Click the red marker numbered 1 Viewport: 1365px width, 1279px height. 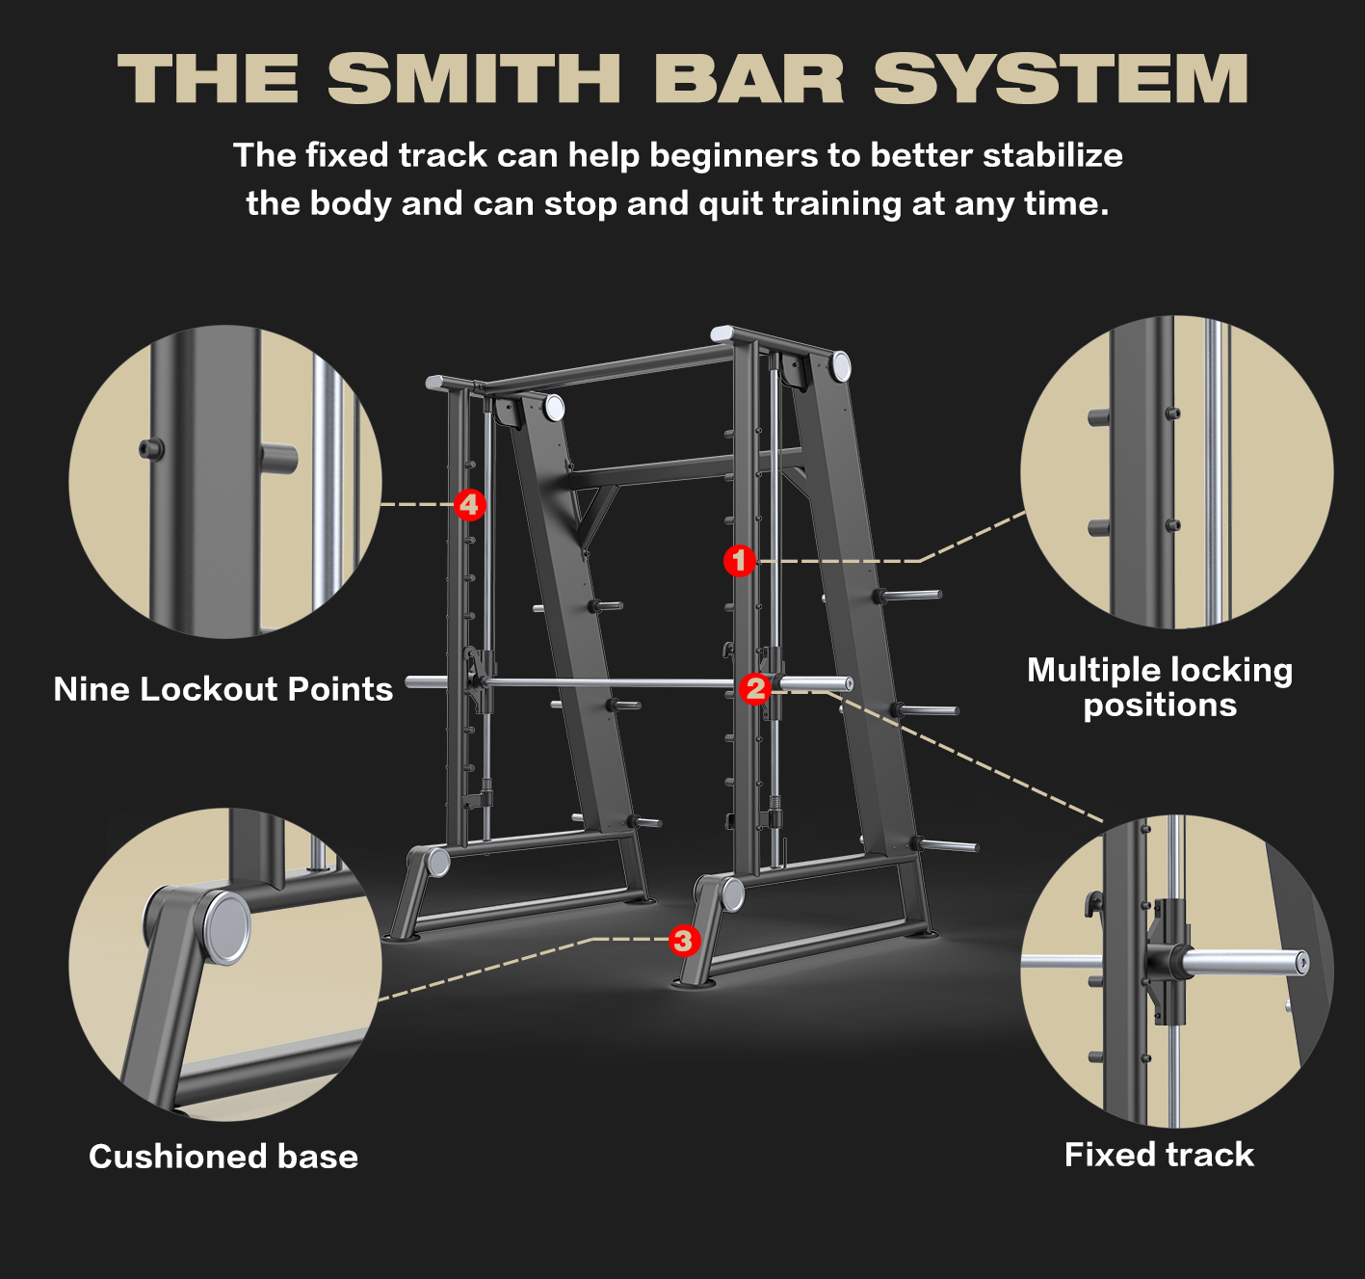(740, 560)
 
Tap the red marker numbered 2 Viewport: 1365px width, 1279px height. (755, 688)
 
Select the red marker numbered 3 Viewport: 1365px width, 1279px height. (684, 940)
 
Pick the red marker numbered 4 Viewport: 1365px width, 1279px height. (469, 504)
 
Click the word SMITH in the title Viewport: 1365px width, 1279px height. (474, 78)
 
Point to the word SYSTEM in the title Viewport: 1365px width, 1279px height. (1061, 78)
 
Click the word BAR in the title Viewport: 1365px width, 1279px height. (748, 78)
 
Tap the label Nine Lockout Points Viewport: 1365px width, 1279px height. (223, 689)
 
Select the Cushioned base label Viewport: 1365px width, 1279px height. (223, 1156)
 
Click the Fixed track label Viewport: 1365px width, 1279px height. (1159, 1154)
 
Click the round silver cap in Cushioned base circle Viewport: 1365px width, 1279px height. (226, 928)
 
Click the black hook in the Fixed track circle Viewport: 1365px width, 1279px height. (1092, 905)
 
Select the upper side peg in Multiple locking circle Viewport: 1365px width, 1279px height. (1098, 417)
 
